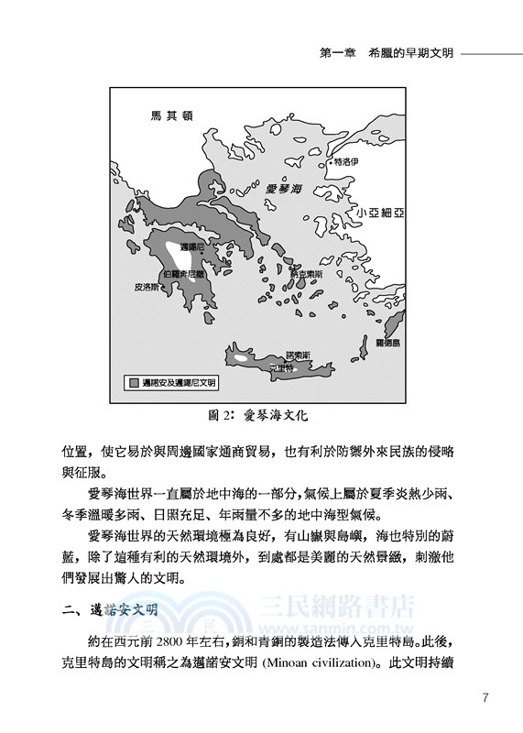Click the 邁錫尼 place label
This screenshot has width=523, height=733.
pyautogui.click(x=191, y=247)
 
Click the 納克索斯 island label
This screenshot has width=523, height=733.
pyautogui.click(x=303, y=273)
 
